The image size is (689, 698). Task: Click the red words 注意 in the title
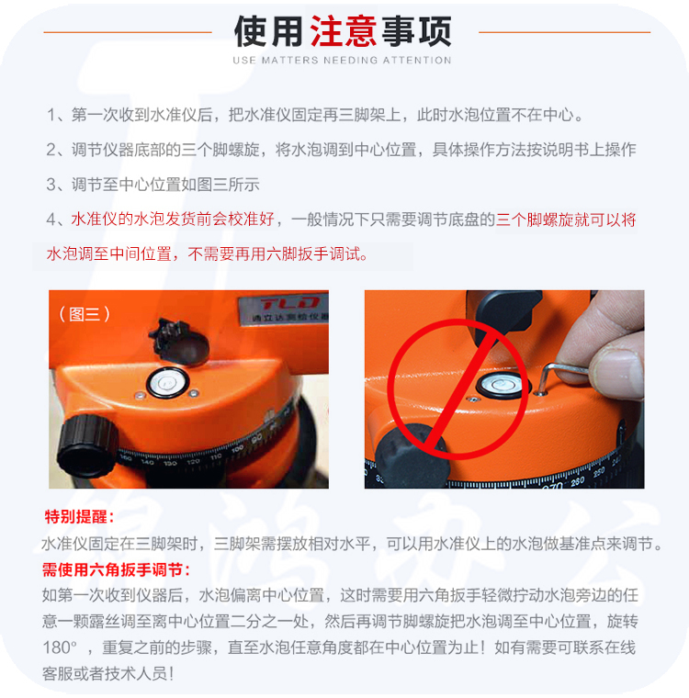344,31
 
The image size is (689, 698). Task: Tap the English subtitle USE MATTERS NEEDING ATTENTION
342,60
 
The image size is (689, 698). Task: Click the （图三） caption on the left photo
85,314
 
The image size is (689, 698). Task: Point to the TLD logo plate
283,309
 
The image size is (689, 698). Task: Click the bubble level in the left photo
167,382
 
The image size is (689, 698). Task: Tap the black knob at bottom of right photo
411,456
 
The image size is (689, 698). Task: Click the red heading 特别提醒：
79,517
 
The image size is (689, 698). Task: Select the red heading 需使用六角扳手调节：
117,569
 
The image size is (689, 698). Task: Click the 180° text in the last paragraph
60,647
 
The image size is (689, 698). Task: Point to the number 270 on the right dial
552,486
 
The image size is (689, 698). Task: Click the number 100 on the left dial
237,448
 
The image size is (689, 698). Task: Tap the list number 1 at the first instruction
51,116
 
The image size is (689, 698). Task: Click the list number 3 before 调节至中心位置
51,185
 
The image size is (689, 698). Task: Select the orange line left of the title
128,32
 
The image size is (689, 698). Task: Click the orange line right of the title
564,32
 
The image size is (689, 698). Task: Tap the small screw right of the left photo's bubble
194,393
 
